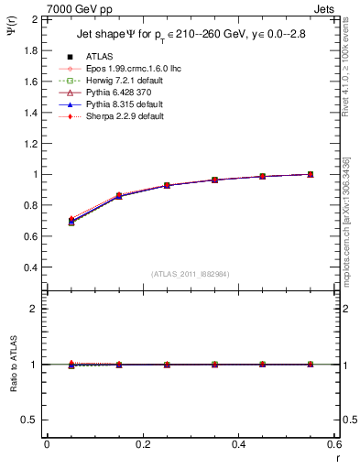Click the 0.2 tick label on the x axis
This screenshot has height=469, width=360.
pos(142,443)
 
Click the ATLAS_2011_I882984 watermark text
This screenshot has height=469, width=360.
pos(190,275)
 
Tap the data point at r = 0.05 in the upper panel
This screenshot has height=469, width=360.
pos(71,221)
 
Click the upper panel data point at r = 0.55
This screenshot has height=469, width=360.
pos(311,174)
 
